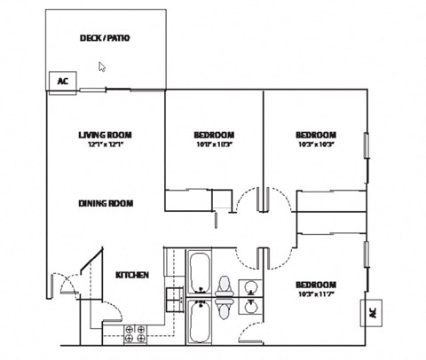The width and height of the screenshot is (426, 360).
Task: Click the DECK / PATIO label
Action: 105,38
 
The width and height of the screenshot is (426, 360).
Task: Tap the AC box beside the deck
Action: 62,81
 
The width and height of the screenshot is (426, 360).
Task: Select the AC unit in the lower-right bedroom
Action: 371,313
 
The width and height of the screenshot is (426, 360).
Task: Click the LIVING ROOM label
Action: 105,135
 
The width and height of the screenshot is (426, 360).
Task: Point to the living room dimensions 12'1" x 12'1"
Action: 105,145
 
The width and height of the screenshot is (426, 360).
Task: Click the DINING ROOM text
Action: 105,203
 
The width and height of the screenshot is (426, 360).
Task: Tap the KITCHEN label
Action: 131,275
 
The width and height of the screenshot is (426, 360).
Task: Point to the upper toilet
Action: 224,286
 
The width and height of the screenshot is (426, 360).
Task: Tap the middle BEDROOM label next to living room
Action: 213,135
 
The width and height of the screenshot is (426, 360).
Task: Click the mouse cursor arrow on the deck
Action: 102,66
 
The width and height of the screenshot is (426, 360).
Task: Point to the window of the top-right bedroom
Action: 366,145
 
